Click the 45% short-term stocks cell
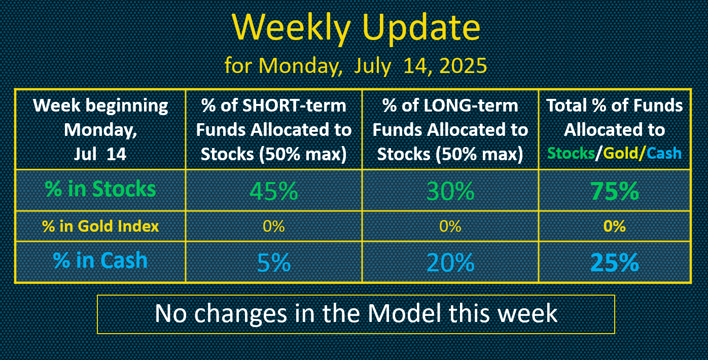(274, 191)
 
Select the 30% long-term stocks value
(450, 191)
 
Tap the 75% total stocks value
(615, 191)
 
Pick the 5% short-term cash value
(274, 262)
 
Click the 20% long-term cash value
(450, 262)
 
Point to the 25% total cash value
(615, 262)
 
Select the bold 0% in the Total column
(615, 226)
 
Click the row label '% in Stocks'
(100, 189)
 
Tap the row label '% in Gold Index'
(100, 226)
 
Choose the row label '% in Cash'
(100, 261)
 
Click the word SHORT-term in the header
(294, 105)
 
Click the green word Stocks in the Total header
(571, 153)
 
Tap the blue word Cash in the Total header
(664, 153)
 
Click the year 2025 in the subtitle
(463, 66)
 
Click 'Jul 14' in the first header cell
(100, 154)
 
